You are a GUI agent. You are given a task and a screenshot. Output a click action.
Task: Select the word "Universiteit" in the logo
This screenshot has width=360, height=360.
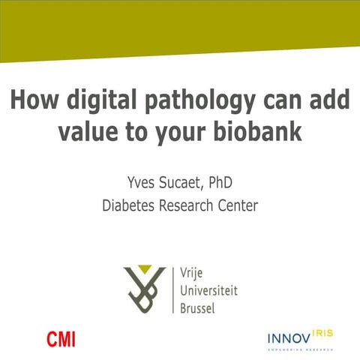click(209, 290)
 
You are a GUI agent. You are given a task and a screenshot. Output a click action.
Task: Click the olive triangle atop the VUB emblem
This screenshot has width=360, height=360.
click(154, 270)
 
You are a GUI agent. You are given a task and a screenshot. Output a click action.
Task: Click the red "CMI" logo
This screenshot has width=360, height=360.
click(61, 339)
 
